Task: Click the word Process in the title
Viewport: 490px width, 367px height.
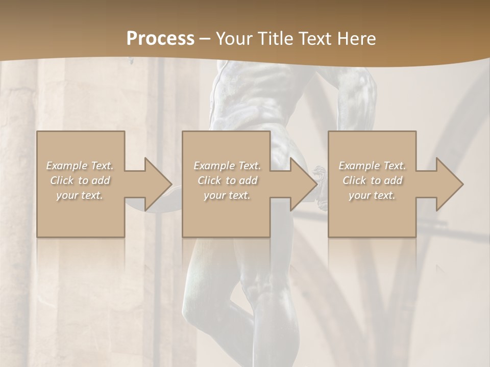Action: click(160, 38)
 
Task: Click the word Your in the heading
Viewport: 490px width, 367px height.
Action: click(234, 38)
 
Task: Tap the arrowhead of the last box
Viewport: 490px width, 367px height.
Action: click(451, 184)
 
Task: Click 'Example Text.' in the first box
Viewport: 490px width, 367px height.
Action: click(80, 166)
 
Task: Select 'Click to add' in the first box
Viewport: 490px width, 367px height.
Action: click(80, 180)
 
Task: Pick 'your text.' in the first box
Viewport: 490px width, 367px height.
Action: click(80, 195)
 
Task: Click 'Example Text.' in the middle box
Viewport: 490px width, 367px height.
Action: click(227, 166)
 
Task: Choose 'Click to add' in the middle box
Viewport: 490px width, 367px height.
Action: click(227, 180)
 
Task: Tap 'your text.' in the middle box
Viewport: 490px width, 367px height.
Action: click(227, 195)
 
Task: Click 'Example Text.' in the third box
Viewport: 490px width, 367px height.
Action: click(372, 166)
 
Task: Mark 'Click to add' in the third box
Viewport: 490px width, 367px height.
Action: click(372, 180)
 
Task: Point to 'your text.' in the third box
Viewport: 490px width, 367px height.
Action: click(372, 195)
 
